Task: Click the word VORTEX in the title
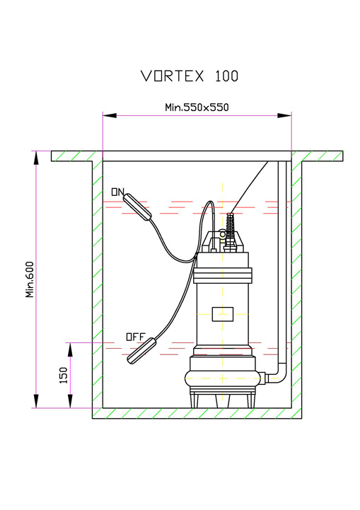(173, 76)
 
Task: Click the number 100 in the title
(226, 76)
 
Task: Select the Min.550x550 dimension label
(197, 108)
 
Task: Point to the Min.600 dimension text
(30, 279)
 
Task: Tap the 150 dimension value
(64, 375)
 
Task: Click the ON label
(117, 192)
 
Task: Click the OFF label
(135, 337)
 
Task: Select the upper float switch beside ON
(137, 207)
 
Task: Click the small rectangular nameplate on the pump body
(223, 314)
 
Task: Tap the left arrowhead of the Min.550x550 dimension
(110, 115)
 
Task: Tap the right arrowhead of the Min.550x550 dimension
(284, 115)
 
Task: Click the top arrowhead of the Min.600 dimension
(36, 158)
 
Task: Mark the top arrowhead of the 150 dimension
(70, 349)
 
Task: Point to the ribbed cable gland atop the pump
(230, 231)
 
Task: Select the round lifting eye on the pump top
(223, 234)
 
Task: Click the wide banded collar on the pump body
(223, 275)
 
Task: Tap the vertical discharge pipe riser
(282, 262)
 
